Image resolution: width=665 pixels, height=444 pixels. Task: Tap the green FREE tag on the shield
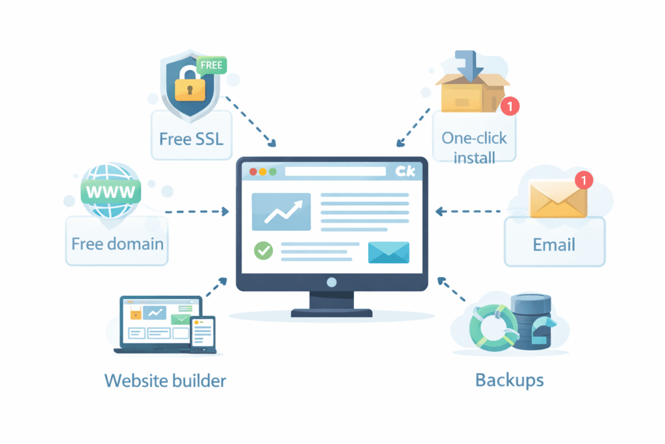tap(212, 65)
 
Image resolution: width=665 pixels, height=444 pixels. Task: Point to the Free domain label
tap(117, 244)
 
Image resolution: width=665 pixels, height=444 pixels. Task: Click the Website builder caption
tap(165, 380)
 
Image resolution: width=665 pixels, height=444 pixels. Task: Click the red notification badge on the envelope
tap(584, 180)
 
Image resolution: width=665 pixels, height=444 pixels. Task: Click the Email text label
tap(554, 244)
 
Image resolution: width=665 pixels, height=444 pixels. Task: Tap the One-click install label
tap(474, 147)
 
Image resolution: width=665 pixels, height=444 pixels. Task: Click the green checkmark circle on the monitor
tap(263, 250)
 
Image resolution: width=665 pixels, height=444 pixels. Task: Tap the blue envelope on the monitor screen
tap(388, 252)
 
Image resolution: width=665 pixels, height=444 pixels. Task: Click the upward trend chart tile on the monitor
tap(281, 212)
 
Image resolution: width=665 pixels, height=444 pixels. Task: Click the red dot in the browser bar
tap(253, 172)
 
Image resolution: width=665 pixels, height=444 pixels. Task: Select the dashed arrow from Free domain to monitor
tap(198, 211)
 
